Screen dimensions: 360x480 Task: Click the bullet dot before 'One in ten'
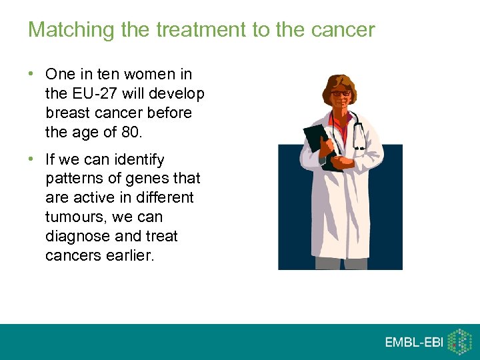click(x=33, y=74)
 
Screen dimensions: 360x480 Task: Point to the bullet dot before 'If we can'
click(x=33, y=160)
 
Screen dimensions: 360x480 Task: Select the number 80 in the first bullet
click(x=131, y=132)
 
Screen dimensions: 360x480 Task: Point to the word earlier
click(x=131, y=256)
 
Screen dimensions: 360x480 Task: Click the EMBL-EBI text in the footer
click(x=413, y=342)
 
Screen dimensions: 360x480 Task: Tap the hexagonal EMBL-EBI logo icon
click(x=459, y=341)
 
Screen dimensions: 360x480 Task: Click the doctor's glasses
click(x=341, y=93)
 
